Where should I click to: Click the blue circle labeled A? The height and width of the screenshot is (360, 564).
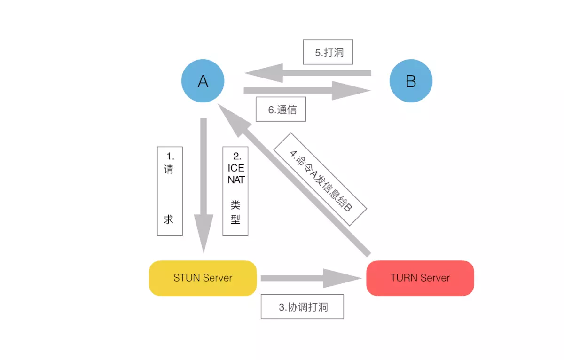pyautogui.click(x=203, y=81)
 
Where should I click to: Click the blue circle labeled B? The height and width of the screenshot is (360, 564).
pyautogui.click(x=410, y=81)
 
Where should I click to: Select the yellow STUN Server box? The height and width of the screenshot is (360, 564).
pyautogui.click(x=203, y=278)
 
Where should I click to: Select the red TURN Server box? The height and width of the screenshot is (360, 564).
pyautogui.click(x=420, y=278)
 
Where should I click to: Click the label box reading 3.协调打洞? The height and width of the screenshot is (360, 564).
pyautogui.click(x=302, y=307)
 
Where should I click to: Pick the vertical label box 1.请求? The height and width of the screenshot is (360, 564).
pyautogui.click(x=169, y=191)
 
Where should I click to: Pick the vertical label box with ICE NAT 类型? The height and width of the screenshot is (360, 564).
pyautogui.click(x=235, y=191)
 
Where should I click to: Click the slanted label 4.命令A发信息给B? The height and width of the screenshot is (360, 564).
pyautogui.click(x=320, y=179)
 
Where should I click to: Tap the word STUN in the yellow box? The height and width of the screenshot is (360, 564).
pyautogui.click(x=184, y=278)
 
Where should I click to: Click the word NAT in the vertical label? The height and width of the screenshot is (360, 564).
pyautogui.click(x=235, y=180)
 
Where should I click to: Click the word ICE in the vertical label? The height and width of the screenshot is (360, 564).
pyautogui.click(x=235, y=168)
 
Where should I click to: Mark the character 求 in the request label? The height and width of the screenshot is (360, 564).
pyautogui.click(x=169, y=219)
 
